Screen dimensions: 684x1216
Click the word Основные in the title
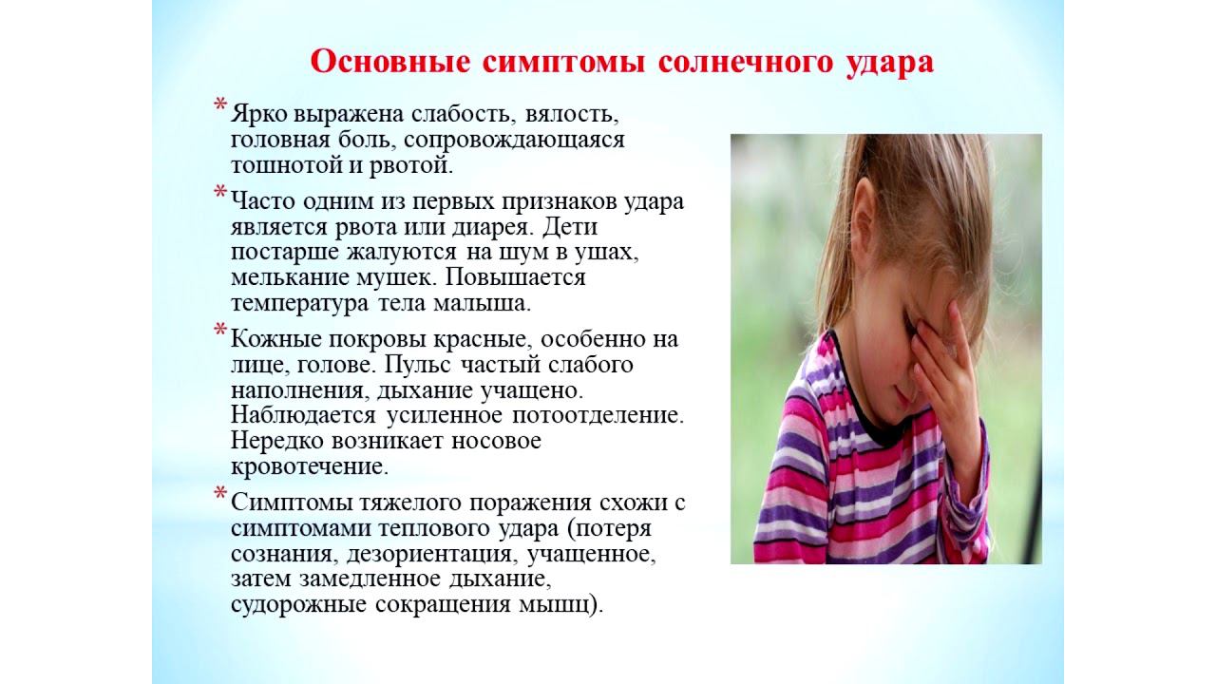point(389,62)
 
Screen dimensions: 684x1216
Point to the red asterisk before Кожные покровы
point(220,332)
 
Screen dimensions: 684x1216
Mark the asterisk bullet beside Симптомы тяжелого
point(220,495)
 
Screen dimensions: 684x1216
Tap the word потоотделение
point(602,415)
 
